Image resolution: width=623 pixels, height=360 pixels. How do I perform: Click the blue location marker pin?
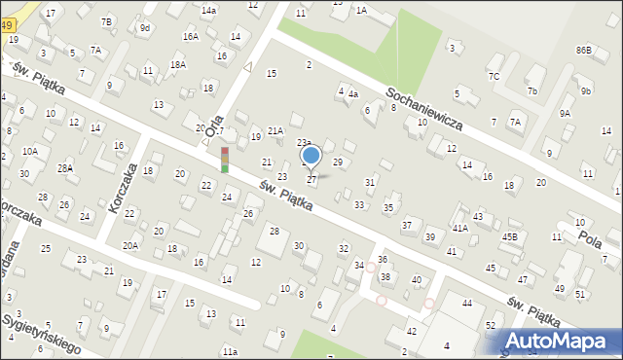[311, 156]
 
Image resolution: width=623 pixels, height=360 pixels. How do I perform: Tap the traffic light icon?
[225, 160]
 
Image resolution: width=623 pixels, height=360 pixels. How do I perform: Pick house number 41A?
[459, 228]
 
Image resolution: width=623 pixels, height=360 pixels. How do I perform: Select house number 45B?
[510, 236]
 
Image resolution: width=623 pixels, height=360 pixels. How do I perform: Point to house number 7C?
[494, 76]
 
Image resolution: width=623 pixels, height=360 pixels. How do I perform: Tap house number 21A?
[275, 130]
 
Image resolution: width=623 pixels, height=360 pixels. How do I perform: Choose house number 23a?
[304, 143]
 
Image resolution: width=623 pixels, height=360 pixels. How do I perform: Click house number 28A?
[65, 167]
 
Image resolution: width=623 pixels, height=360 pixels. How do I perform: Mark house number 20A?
[129, 246]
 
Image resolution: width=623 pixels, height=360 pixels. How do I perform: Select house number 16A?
[191, 36]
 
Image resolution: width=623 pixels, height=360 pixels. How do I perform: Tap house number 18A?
[177, 64]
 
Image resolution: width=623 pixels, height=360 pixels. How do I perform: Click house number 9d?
[144, 28]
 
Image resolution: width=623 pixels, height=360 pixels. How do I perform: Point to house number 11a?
[229, 351]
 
